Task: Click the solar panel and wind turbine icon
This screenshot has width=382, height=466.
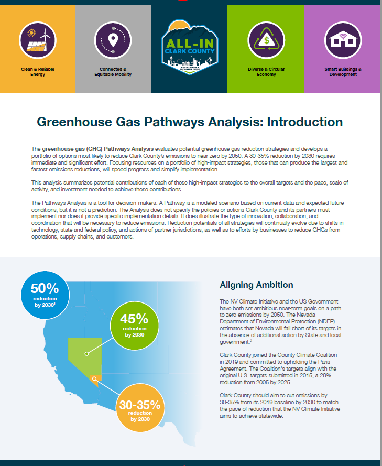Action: click(x=38, y=40)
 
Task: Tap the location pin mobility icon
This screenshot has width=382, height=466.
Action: click(x=113, y=40)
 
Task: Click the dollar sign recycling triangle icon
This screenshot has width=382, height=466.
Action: click(x=266, y=40)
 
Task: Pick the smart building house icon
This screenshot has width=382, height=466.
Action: click(x=343, y=40)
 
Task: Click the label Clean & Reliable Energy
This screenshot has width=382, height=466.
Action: click(x=38, y=72)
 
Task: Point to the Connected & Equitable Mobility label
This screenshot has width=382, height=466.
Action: click(x=113, y=72)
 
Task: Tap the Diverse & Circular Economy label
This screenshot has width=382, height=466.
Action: click(x=266, y=72)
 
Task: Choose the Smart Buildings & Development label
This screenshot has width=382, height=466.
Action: click(x=343, y=72)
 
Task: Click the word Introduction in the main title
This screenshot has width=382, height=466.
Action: click(x=305, y=122)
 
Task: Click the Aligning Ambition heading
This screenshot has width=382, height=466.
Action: click(x=256, y=285)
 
